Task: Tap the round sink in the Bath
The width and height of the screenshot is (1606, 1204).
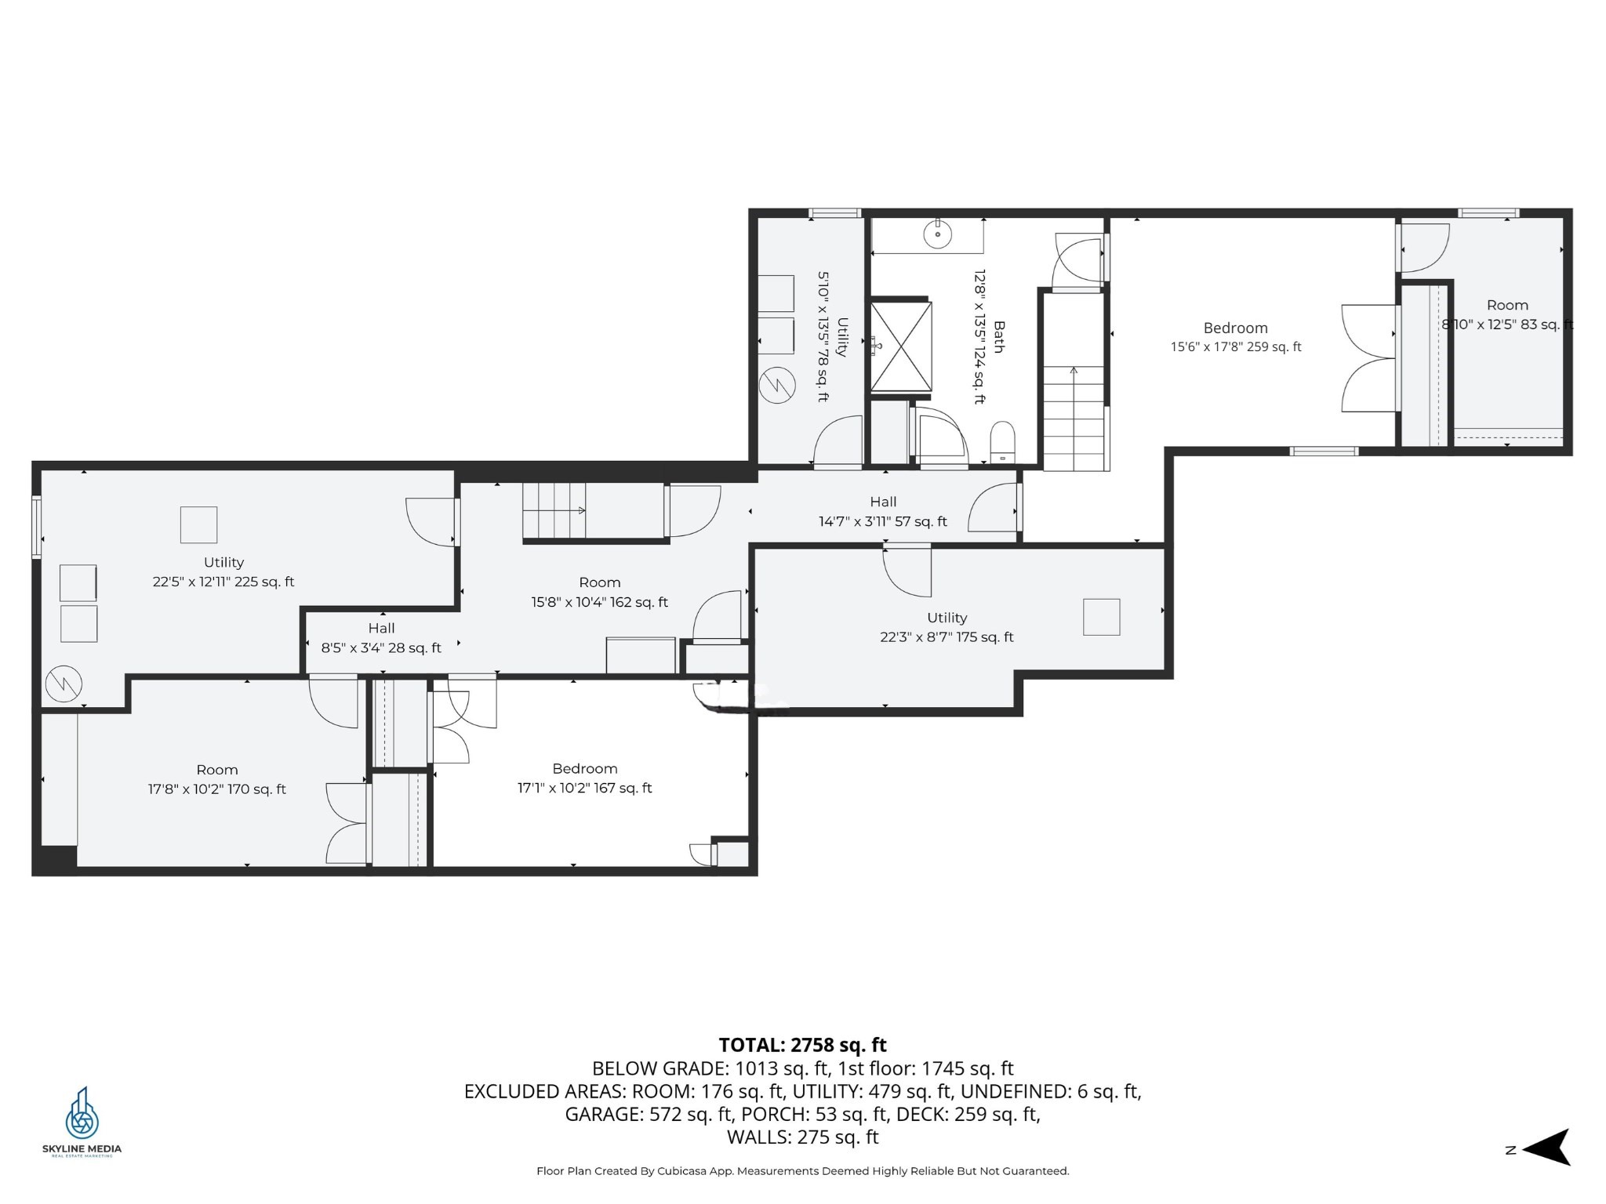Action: pyautogui.click(x=937, y=234)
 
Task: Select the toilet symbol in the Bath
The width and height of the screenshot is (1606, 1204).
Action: pyautogui.click(x=1002, y=441)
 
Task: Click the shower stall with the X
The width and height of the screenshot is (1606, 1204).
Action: pyautogui.click(x=901, y=346)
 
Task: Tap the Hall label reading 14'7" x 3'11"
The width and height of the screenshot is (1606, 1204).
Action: pyautogui.click(x=883, y=512)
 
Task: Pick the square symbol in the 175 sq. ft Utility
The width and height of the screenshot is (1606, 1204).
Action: pyautogui.click(x=1101, y=617)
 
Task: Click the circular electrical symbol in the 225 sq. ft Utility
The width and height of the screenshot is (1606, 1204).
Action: pyautogui.click(x=64, y=684)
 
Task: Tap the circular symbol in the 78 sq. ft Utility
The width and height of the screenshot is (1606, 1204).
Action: pyautogui.click(x=777, y=386)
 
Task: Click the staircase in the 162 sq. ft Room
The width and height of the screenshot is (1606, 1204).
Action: pyautogui.click(x=555, y=510)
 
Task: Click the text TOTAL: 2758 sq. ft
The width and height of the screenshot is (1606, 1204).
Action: pyautogui.click(x=802, y=1045)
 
